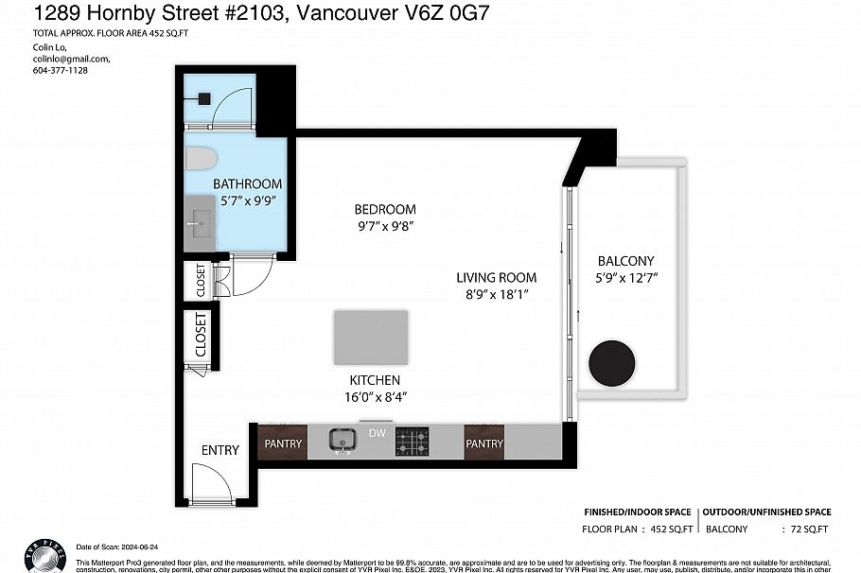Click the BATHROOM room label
[247, 183]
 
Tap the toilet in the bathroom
[201, 158]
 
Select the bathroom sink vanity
[201, 226]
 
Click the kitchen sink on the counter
[342, 441]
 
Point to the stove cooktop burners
[412, 441]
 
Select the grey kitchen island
[371, 338]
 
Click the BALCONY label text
[625, 261]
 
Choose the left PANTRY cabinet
[282, 443]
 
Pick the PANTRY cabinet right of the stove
[483, 443]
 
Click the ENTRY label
[220, 450]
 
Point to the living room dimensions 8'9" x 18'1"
[497, 295]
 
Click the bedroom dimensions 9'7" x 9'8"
[385, 226]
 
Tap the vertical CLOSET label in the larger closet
[201, 336]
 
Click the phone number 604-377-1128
[60, 70]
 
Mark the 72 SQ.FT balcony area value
[809, 530]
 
